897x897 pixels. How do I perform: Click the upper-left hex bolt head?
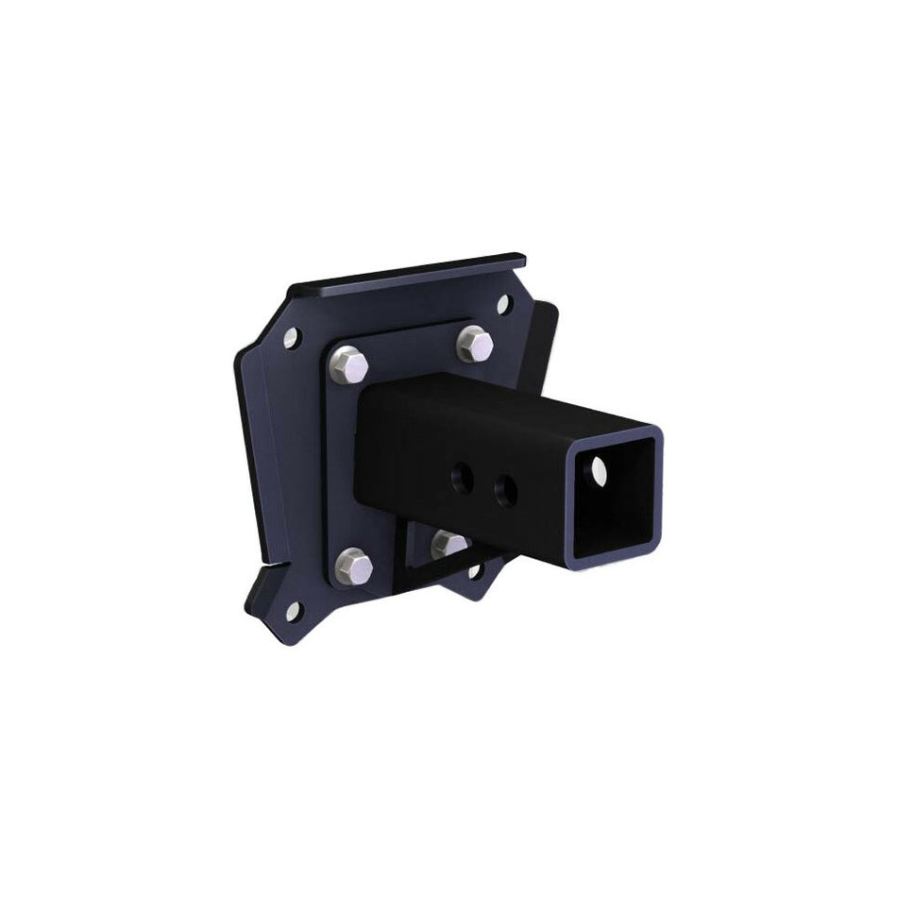pyautogui.click(x=350, y=364)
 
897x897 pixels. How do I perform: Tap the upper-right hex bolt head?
pyautogui.click(x=475, y=344)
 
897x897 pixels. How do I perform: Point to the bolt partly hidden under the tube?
pyautogui.click(x=450, y=544)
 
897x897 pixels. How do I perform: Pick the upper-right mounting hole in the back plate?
pyautogui.click(x=503, y=305)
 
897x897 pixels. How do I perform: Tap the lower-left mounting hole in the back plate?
pyautogui.click(x=293, y=611)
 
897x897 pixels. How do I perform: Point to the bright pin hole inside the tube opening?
pyautogui.click(x=597, y=468)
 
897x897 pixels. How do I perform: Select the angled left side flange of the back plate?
pyautogui.click(x=249, y=453)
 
